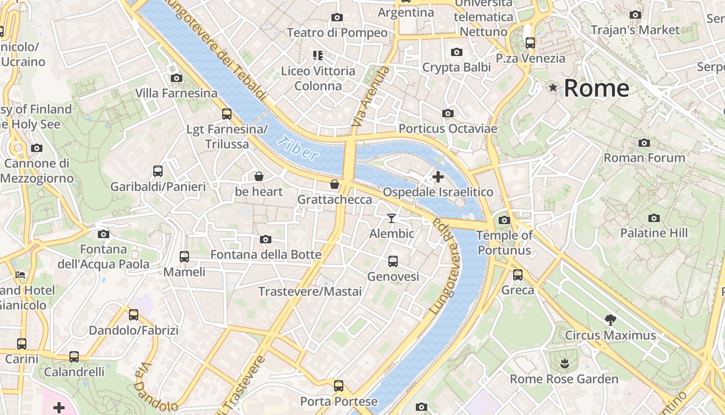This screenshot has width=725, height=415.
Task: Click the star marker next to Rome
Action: pos(553,88)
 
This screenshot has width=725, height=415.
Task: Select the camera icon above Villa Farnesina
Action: pos(177,78)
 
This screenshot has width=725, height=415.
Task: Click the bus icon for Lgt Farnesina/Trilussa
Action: pos(226,114)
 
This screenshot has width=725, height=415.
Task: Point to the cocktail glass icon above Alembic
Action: pos(392,218)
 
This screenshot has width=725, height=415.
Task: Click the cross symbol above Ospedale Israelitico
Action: pos(438,177)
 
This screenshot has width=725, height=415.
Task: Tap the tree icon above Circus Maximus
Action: pos(610,320)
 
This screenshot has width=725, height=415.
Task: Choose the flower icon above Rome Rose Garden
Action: pos(564,363)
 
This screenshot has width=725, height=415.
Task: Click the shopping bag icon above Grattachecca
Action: pos(335,184)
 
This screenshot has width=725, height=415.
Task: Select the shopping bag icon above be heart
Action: pos(259,176)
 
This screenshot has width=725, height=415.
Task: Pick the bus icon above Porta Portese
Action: pos(339,385)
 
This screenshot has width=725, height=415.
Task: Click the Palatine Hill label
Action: pos(654,233)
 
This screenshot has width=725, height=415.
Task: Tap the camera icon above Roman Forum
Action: pos(644,143)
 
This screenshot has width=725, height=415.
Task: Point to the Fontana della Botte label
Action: pos(266,255)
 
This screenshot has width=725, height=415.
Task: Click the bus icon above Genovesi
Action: pos(393,261)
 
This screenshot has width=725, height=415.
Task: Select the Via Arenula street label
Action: pos(370,97)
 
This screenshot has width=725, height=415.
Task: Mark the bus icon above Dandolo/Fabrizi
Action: pos(134,314)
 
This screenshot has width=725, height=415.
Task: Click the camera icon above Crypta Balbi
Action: pos(456,52)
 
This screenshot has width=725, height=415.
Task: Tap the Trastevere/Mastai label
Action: pos(310,292)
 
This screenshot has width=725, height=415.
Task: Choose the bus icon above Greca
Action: pos(518,275)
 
